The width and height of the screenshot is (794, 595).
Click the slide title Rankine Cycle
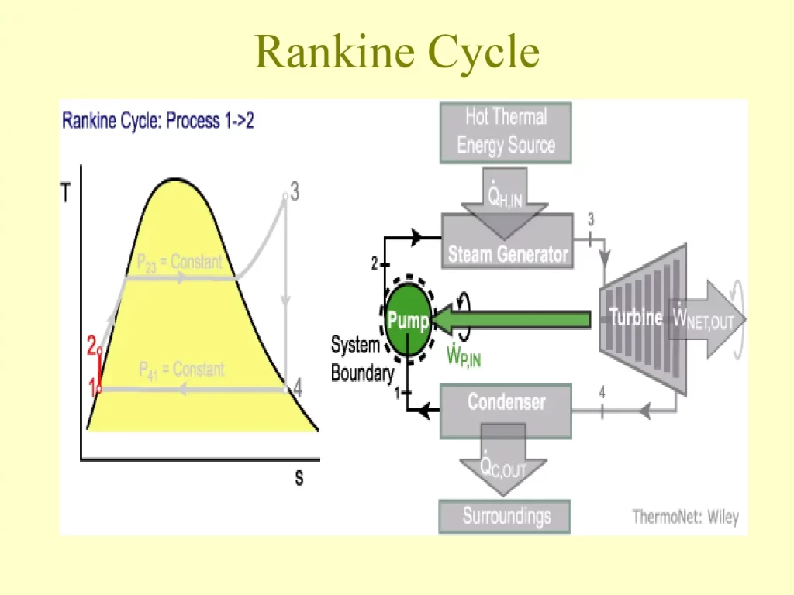396,52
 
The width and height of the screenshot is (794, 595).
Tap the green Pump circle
408,321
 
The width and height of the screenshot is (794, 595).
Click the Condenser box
506,402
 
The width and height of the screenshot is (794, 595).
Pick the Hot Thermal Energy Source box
506,131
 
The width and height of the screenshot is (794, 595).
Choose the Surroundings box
506,515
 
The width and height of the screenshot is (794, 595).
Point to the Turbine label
635,318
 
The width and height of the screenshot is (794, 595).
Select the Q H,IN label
505,198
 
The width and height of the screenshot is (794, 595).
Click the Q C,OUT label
503,467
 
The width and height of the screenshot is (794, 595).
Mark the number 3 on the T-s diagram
295,190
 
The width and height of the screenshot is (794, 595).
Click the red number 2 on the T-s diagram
91,346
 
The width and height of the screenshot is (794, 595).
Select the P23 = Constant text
179,263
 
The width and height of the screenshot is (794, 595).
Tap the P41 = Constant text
181,370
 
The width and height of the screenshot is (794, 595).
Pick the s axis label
299,478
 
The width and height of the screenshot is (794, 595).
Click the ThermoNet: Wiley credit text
685,517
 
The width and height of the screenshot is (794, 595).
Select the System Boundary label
362,359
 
